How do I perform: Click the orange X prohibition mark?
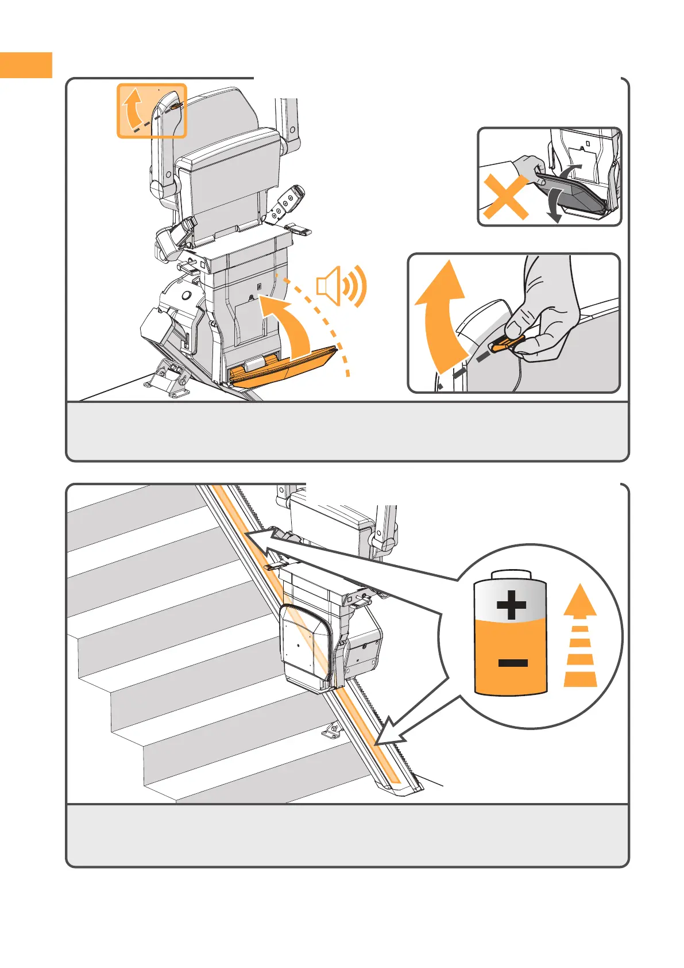[x=505, y=197]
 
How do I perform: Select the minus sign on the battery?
[x=512, y=663]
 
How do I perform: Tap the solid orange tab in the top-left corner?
[x=26, y=65]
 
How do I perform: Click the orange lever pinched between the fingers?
[x=505, y=345]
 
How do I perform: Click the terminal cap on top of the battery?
[x=510, y=575]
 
